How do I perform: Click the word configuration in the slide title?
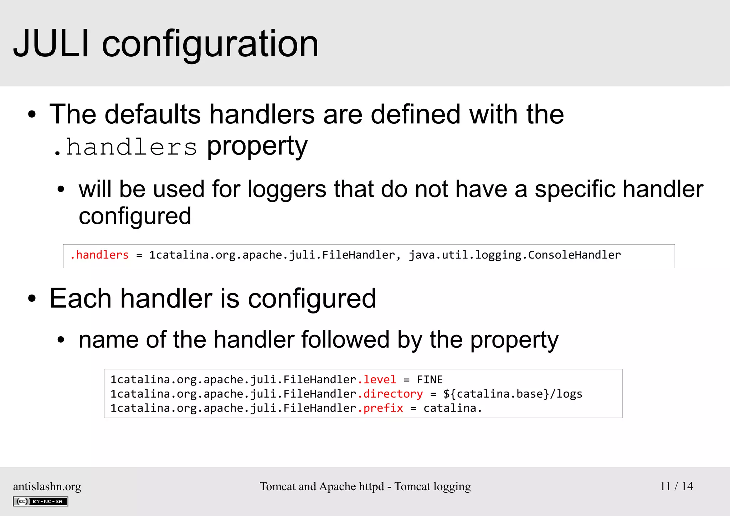pos(210,45)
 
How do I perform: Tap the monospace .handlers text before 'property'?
pos(125,147)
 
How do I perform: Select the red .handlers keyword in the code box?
pos(99,255)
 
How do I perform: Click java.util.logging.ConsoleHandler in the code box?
pos(514,255)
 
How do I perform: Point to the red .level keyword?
pos(377,379)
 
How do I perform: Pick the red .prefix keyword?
pos(380,408)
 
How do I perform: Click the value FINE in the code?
pos(430,379)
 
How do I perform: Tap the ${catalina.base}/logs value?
pos(513,394)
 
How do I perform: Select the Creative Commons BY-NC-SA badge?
pos(41,501)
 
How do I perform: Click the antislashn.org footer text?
pos(47,486)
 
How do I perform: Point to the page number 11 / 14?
pos(676,486)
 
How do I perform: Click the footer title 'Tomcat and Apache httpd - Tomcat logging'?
pos(365,486)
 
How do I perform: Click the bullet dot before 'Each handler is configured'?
pos(32,299)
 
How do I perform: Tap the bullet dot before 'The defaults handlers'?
pos(32,115)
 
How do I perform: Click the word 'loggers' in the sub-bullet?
pos(287,189)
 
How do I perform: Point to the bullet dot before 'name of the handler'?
pos(61,340)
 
